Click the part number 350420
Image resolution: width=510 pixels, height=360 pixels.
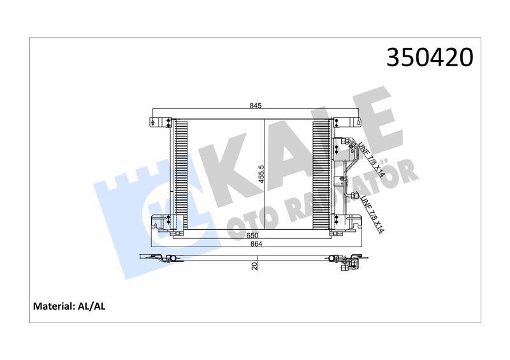click(x=430, y=57)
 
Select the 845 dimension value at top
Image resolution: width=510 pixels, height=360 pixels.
click(x=256, y=106)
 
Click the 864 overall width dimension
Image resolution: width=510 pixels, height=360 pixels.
click(x=256, y=243)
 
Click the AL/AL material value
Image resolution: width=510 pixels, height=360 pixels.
click(x=92, y=306)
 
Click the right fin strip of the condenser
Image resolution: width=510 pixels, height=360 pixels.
click(x=321, y=172)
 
